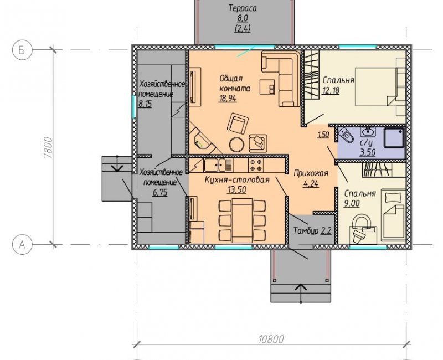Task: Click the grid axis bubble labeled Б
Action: tap(22, 50)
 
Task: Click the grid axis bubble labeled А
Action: tap(22, 245)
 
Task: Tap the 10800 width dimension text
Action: tap(271, 339)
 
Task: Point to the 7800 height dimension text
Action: tap(48, 147)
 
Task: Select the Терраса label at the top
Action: tap(243, 8)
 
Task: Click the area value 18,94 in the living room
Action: tap(228, 99)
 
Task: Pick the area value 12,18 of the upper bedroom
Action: tap(331, 91)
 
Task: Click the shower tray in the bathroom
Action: tap(394, 137)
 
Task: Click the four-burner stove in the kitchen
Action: tap(256, 164)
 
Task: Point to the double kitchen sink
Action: tap(215, 165)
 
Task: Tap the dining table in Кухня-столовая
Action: tap(242, 220)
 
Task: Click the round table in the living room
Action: tap(237, 145)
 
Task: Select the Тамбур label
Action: tap(306, 231)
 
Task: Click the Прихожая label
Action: tap(311, 173)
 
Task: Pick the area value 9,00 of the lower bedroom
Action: tap(352, 203)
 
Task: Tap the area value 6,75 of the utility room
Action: tap(160, 193)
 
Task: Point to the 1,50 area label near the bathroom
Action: tap(323, 135)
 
